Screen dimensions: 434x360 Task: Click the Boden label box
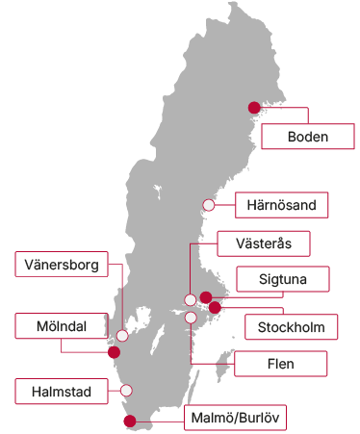click(x=308, y=136)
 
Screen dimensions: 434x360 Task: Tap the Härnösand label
click(x=282, y=205)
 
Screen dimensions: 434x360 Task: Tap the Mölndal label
click(x=57, y=326)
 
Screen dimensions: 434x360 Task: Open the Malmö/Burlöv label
click(x=235, y=417)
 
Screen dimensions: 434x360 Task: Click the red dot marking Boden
click(x=255, y=108)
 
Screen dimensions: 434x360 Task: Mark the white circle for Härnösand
click(x=209, y=204)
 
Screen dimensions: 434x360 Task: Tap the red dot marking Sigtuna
click(x=205, y=297)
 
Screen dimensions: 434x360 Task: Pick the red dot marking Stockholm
click(x=215, y=308)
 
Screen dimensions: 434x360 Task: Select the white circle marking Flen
click(x=191, y=317)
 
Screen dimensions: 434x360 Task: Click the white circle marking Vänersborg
click(x=122, y=336)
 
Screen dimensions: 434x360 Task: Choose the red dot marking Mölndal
click(x=115, y=352)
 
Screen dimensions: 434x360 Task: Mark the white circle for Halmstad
click(x=125, y=391)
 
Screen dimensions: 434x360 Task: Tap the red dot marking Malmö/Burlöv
click(x=131, y=421)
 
